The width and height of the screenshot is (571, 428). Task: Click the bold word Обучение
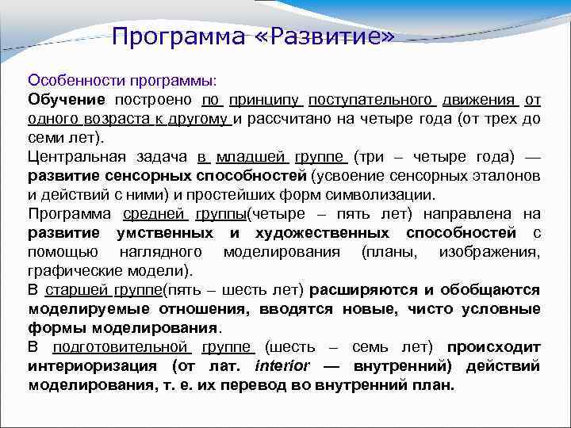(x=67, y=100)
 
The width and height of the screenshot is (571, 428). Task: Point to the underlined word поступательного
(x=372, y=100)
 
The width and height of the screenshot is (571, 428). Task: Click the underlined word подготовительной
(x=121, y=347)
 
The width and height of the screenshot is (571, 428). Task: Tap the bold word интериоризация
(x=88, y=366)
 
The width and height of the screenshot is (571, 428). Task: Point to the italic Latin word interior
(x=282, y=366)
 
